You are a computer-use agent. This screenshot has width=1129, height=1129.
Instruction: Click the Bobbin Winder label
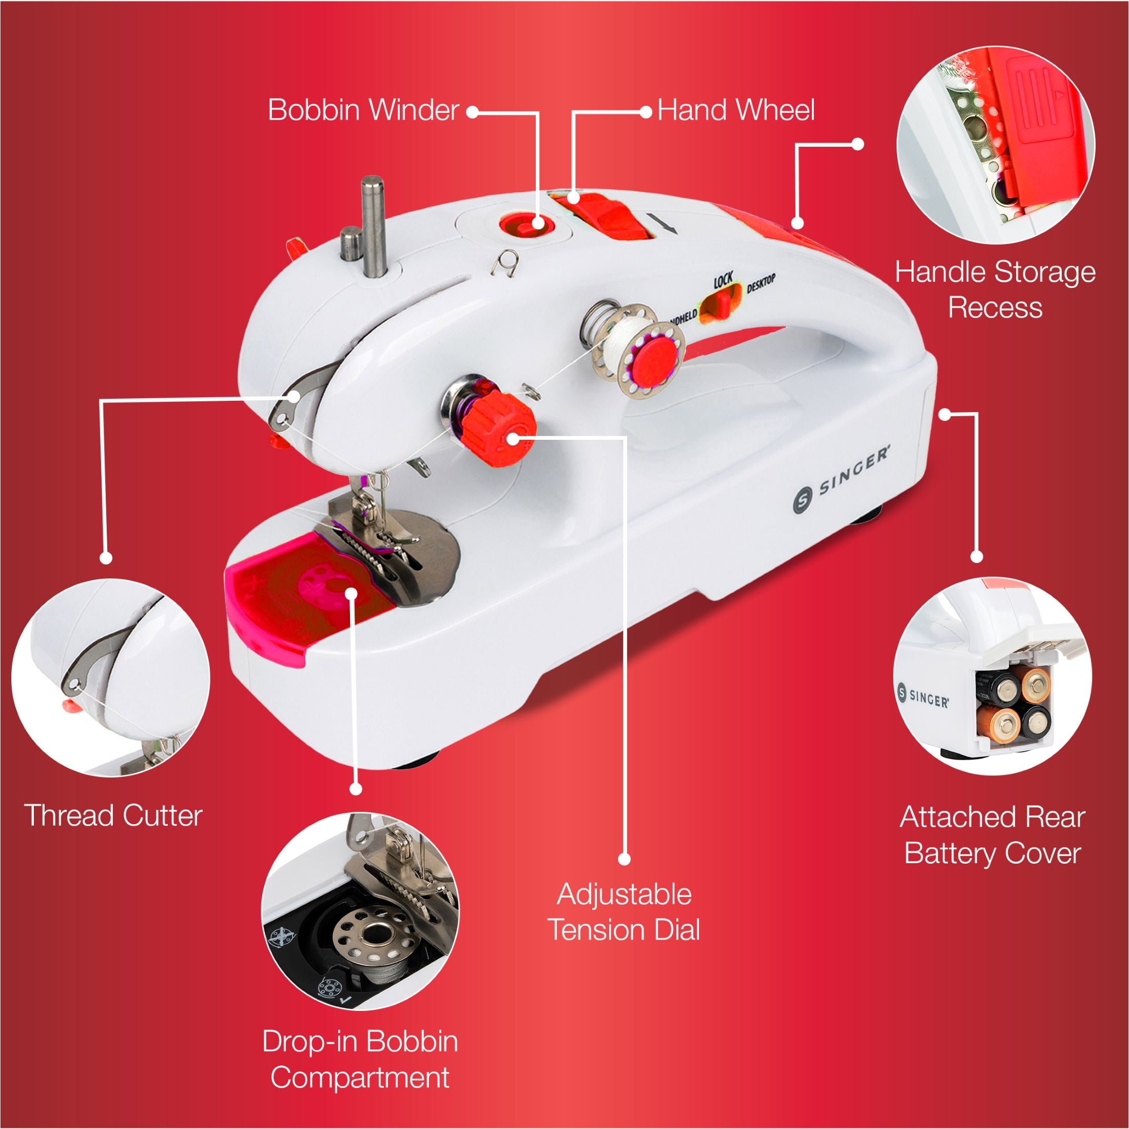point(363,110)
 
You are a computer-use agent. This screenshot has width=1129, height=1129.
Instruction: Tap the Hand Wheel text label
point(736,110)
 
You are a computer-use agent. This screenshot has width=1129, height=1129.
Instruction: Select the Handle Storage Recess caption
point(995,289)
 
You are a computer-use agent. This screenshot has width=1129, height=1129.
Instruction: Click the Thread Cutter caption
point(113,815)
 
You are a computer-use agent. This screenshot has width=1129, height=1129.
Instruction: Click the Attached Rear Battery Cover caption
point(992,834)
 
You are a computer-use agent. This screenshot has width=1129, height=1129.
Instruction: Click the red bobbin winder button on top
point(522,224)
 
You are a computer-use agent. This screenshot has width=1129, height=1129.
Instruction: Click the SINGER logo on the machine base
point(842,478)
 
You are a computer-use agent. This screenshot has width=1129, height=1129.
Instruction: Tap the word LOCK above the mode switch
point(723,281)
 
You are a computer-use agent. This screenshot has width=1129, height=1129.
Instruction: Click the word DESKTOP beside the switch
point(761,283)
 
